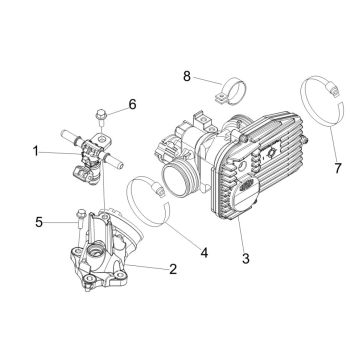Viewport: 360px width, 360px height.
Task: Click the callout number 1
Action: click(x=37, y=152)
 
